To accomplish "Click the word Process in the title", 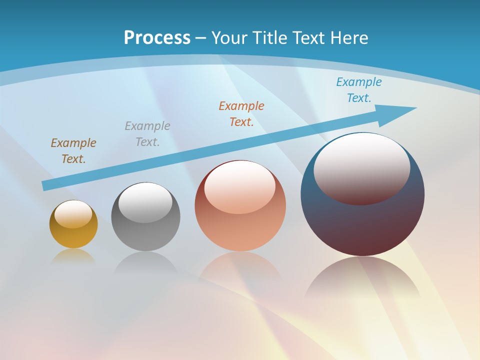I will click(157, 38).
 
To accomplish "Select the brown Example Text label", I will click(73, 151).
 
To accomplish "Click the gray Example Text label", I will click(147, 134).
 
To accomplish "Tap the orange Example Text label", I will click(241, 114).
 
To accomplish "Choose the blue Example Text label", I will click(359, 90).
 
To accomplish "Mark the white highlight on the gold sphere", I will click(73, 214).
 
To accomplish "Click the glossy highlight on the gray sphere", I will click(145, 202).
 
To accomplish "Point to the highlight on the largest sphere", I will click(362, 169).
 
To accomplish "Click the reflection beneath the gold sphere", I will click(73, 256).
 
